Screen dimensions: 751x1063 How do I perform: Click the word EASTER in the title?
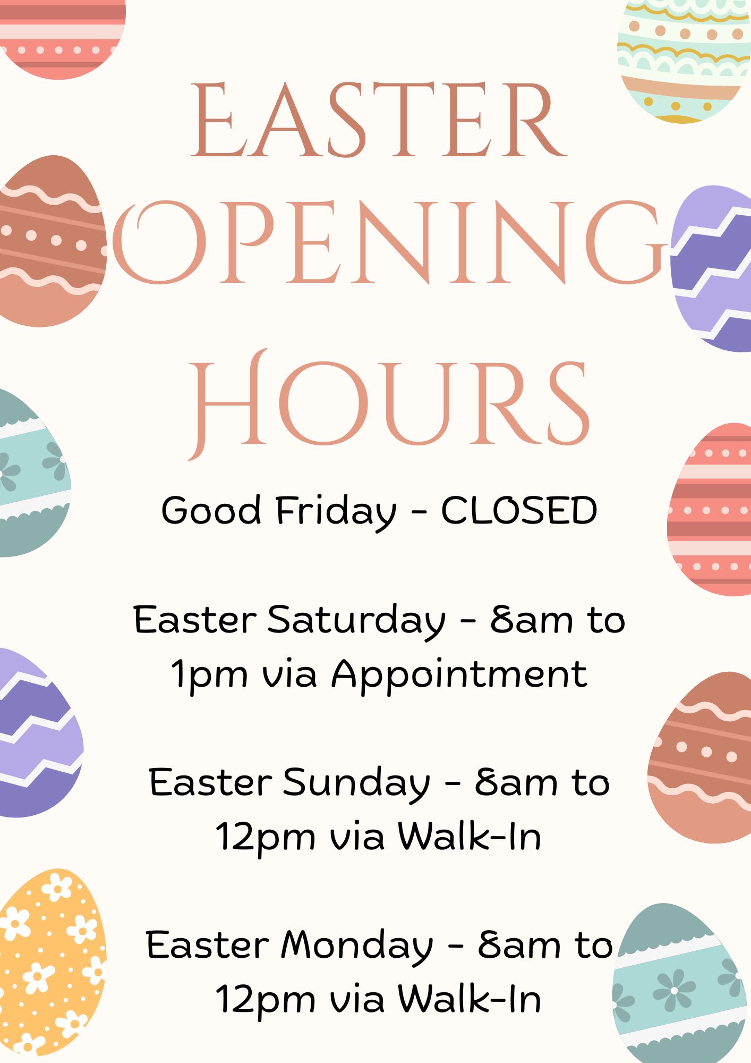point(379,120)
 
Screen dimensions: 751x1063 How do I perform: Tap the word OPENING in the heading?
point(389,242)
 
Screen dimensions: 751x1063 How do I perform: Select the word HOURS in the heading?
point(389,404)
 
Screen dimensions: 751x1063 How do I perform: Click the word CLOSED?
point(519,510)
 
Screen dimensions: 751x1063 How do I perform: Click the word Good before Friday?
point(211,510)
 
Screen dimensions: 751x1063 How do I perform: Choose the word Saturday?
point(356,620)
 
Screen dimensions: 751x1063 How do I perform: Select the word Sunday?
point(356,783)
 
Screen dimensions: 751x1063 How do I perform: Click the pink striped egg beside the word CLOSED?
point(710,509)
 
